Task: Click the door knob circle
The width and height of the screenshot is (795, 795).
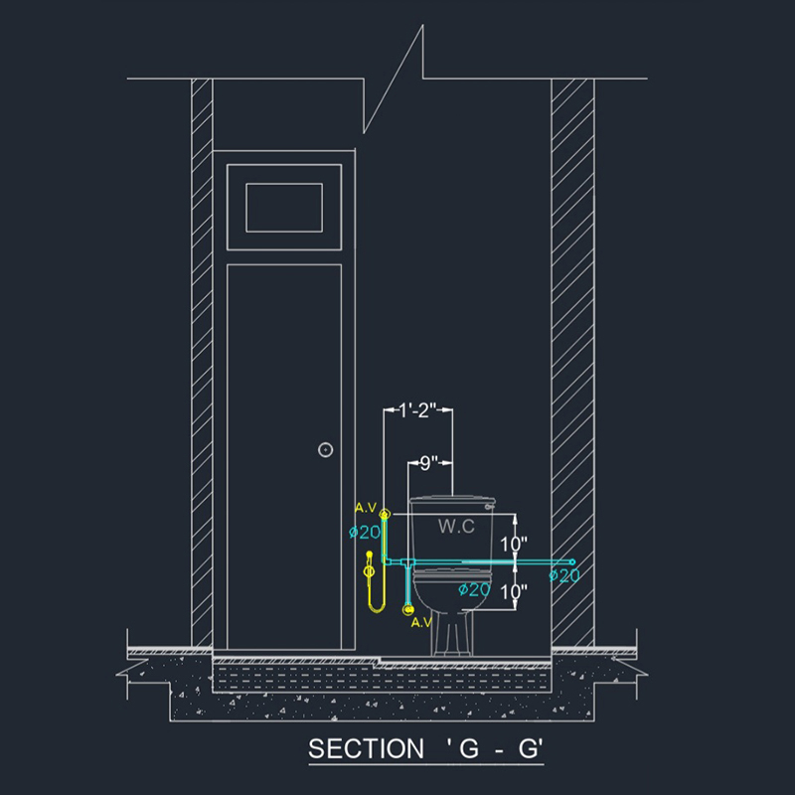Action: pos(326,450)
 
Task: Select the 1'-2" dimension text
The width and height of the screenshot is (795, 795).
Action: pos(417,410)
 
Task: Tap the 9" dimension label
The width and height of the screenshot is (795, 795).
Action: pos(429,462)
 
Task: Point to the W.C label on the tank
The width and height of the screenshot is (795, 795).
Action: pos(456,527)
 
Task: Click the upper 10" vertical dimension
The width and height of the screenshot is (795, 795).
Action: pos(514,544)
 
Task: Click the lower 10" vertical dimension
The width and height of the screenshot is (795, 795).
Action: pos(514,591)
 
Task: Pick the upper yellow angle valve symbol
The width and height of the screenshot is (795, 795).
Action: pos(385,514)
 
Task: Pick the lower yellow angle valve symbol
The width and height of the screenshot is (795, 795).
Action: pos(408,609)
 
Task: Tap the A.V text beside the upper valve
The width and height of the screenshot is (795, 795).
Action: pos(366,508)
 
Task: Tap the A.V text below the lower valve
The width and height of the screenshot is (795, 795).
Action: pos(421,623)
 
